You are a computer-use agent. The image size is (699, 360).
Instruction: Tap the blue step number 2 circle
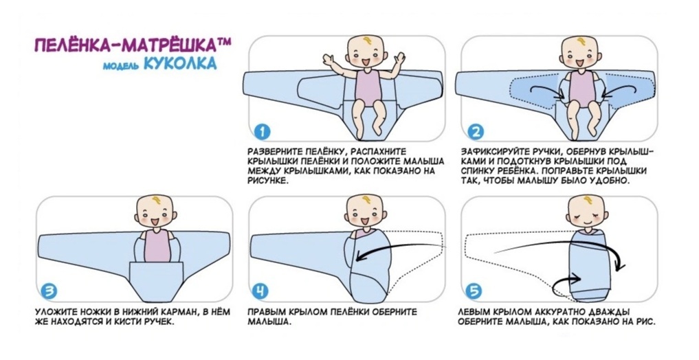(476, 131)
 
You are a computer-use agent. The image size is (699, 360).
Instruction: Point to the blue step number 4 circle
(262, 291)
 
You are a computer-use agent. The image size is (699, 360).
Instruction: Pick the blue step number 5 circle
(474, 291)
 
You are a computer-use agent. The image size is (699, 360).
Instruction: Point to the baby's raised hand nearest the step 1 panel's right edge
(400, 58)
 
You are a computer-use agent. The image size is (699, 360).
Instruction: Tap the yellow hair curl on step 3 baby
(157, 200)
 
